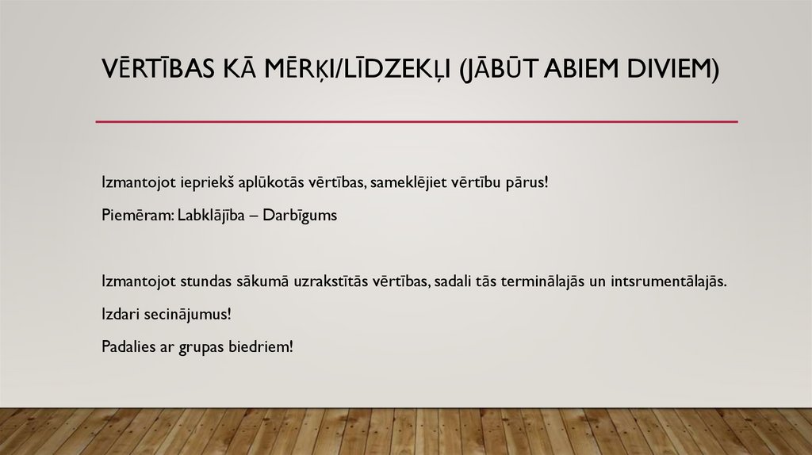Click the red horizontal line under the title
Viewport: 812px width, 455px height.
point(416,122)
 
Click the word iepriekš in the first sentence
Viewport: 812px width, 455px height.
point(190,182)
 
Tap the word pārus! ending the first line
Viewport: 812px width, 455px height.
point(527,182)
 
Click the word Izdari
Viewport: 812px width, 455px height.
point(119,314)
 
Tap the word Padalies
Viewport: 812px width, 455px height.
point(129,347)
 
